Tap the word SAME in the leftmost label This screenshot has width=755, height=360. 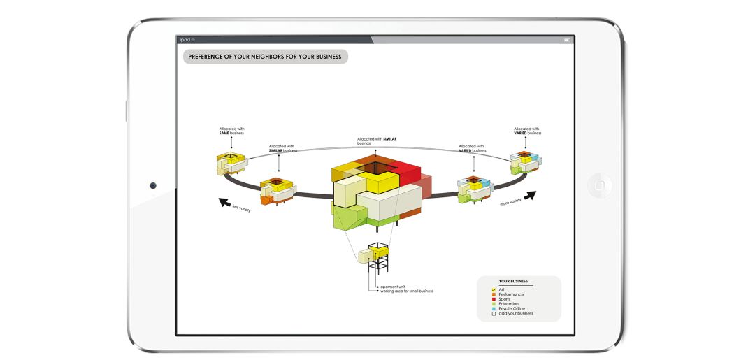(224, 133)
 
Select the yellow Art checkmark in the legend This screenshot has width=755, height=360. (494, 289)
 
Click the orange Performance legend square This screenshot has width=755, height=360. (494, 294)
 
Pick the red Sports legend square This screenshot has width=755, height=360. (494, 299)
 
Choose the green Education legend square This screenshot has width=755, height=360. (494, 304)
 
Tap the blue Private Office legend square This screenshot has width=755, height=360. (494, 308)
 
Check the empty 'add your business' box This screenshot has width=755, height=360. (494, 313)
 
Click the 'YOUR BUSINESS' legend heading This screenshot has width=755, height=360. (513, 281)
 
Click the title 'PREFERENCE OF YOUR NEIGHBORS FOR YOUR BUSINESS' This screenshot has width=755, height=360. (265, 56)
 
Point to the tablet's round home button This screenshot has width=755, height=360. (600, 185)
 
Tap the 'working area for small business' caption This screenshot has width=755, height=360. (406, 291)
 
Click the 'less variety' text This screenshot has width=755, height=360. (241, 208)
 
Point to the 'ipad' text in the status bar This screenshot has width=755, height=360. (186, 40)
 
